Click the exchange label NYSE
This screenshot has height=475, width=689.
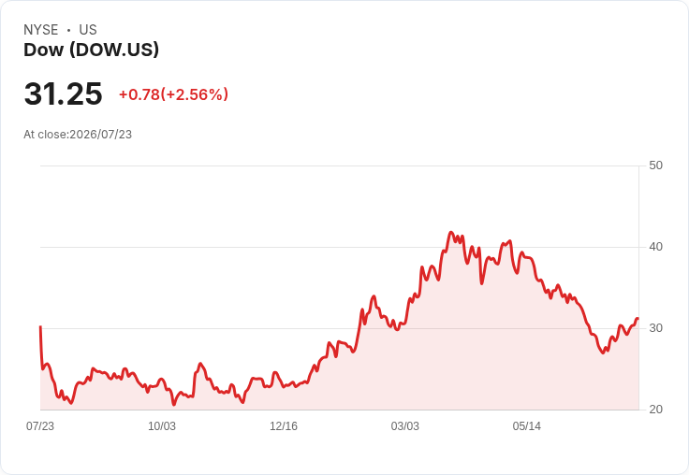[x=41, y=30]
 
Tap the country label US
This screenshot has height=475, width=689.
[x=88, y=30]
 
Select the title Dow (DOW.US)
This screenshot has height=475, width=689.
[x=91, y=50]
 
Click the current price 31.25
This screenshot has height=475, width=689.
[x=64, y=94]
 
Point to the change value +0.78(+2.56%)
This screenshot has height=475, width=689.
[x=173, y=94]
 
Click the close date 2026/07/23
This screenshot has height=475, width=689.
[x=100, y=135]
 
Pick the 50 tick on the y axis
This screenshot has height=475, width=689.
[x=655, y=166]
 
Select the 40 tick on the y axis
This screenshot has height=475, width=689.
[x=655, y=247]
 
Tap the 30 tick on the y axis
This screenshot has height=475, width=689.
[x=655, y=328]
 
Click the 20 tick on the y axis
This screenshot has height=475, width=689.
[x=655, y=410]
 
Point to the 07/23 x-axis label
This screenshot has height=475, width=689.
[x=40, y=426]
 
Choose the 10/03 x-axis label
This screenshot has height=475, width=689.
[x=162, y=426]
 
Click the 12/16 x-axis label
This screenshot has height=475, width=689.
[x=284, y=426]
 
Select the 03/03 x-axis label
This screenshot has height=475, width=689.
[x=405, y=426]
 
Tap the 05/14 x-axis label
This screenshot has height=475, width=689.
[x=527, y=426]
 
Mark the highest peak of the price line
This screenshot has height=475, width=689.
[x=451, y=232]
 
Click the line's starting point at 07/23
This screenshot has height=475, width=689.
[x=40, y=326]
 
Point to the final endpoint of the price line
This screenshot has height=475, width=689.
[x=638, y=319]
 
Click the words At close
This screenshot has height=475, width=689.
[x=45, y=135]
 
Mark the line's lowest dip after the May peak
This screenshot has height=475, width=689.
[x=603, y=353]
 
